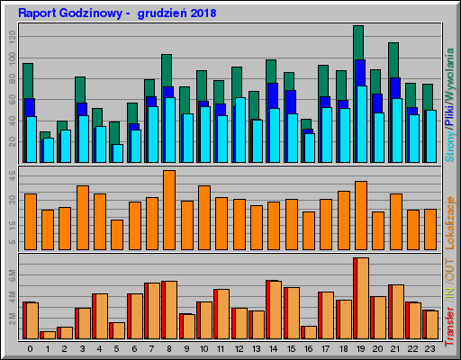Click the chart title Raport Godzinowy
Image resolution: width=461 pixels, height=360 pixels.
(x=77, y=14)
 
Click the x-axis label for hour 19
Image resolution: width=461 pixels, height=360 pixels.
(x=360, y=348)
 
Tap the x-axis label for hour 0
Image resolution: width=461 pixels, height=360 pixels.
(x=31, y=348)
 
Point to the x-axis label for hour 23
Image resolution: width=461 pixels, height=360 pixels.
(x=429, y=348)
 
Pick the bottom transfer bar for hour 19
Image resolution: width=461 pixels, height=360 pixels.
(x=361, y=298)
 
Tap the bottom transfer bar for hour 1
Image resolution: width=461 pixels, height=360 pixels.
(x=48, y=335)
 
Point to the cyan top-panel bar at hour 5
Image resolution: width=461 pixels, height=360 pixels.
(x=117, y=153)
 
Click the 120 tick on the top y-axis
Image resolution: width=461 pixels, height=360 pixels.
(x=11, y=36)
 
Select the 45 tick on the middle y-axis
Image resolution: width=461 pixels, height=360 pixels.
(x=11, y=173)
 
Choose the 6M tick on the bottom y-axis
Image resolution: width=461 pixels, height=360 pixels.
(x=11, y=273)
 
